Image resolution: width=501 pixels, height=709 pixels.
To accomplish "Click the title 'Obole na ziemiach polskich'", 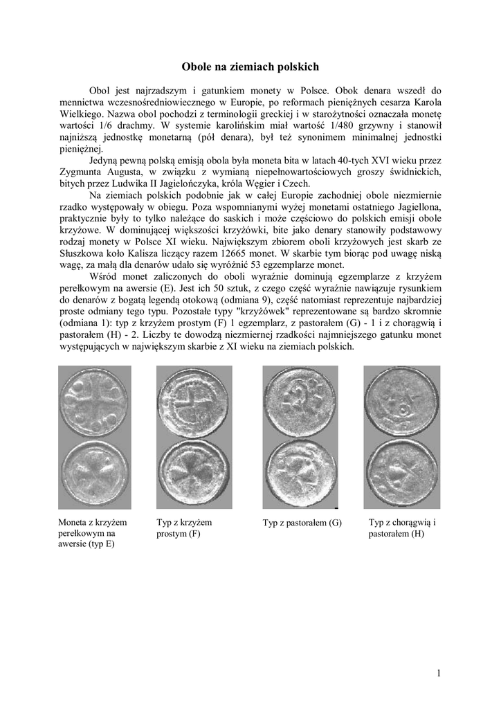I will click(x=250, y=67).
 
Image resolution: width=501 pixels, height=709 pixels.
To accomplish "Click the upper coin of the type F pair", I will click(x=185, y=402).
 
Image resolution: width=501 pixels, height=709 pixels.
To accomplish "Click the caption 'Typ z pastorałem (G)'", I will click(x=302, y=523).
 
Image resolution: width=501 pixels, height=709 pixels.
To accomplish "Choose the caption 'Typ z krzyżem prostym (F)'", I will click(x=184, y=528).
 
